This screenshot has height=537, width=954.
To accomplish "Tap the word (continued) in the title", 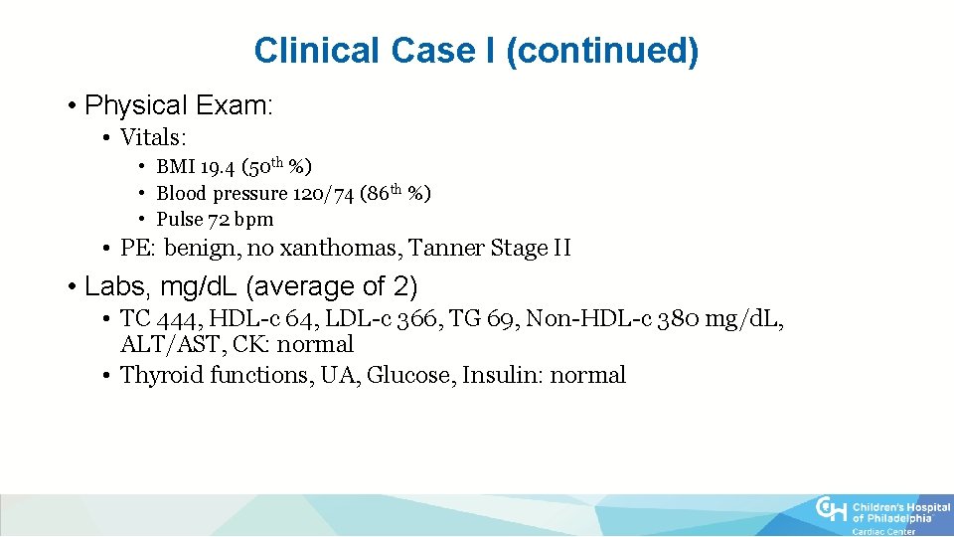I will coord(602,51).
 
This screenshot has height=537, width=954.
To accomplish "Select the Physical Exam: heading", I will coord(179,104).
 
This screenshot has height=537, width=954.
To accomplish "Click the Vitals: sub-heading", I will coord(153,137).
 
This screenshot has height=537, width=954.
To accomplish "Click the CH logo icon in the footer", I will coord(831,510).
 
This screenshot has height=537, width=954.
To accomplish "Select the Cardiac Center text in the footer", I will coord(884,531).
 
